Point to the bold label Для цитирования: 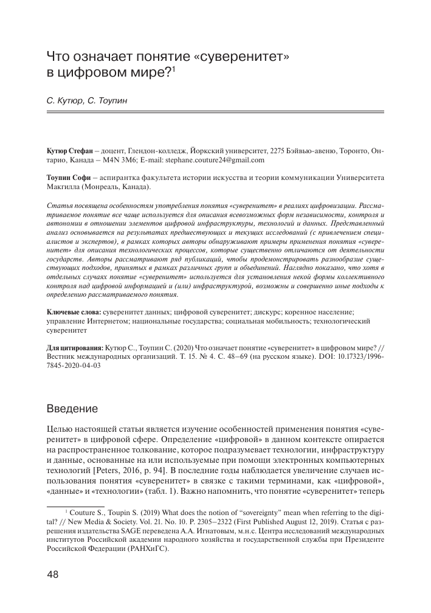tap(75, 344)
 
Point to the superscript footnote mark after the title tap(173, 69)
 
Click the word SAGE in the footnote tap(156, 533)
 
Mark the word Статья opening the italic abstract tap(60, 205)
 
